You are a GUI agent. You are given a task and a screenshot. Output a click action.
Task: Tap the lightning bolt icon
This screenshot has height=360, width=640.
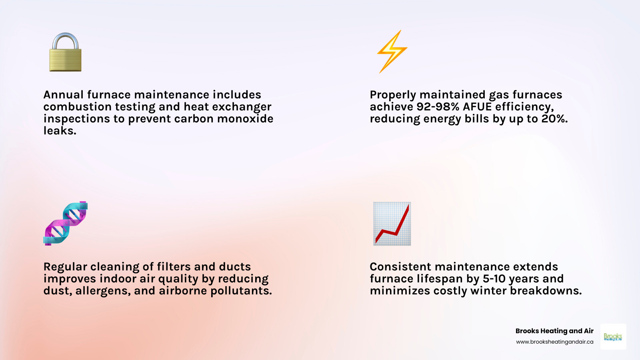[392, 52]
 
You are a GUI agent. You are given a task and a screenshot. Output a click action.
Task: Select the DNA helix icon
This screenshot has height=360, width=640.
[66, 223]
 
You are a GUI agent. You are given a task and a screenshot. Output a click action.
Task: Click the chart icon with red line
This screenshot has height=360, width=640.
[392, 224]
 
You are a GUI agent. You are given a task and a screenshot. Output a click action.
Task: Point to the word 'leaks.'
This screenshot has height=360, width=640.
[60, 131]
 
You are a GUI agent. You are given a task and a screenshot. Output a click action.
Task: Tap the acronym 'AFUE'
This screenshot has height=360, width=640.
[477, 107]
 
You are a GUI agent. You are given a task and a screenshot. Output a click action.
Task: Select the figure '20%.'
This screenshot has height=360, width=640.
[554, 119]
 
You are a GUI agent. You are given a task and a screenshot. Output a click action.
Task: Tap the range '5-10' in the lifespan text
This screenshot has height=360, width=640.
[494, 279]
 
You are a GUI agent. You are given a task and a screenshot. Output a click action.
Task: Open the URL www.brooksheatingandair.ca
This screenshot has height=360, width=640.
[554, 342]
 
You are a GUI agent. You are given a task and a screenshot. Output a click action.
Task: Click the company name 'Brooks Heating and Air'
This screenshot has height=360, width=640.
[554, 331]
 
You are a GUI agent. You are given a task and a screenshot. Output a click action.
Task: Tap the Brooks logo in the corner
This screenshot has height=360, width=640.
[613, 337]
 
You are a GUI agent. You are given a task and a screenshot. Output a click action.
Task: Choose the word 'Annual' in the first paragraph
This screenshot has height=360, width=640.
[64, 95]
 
